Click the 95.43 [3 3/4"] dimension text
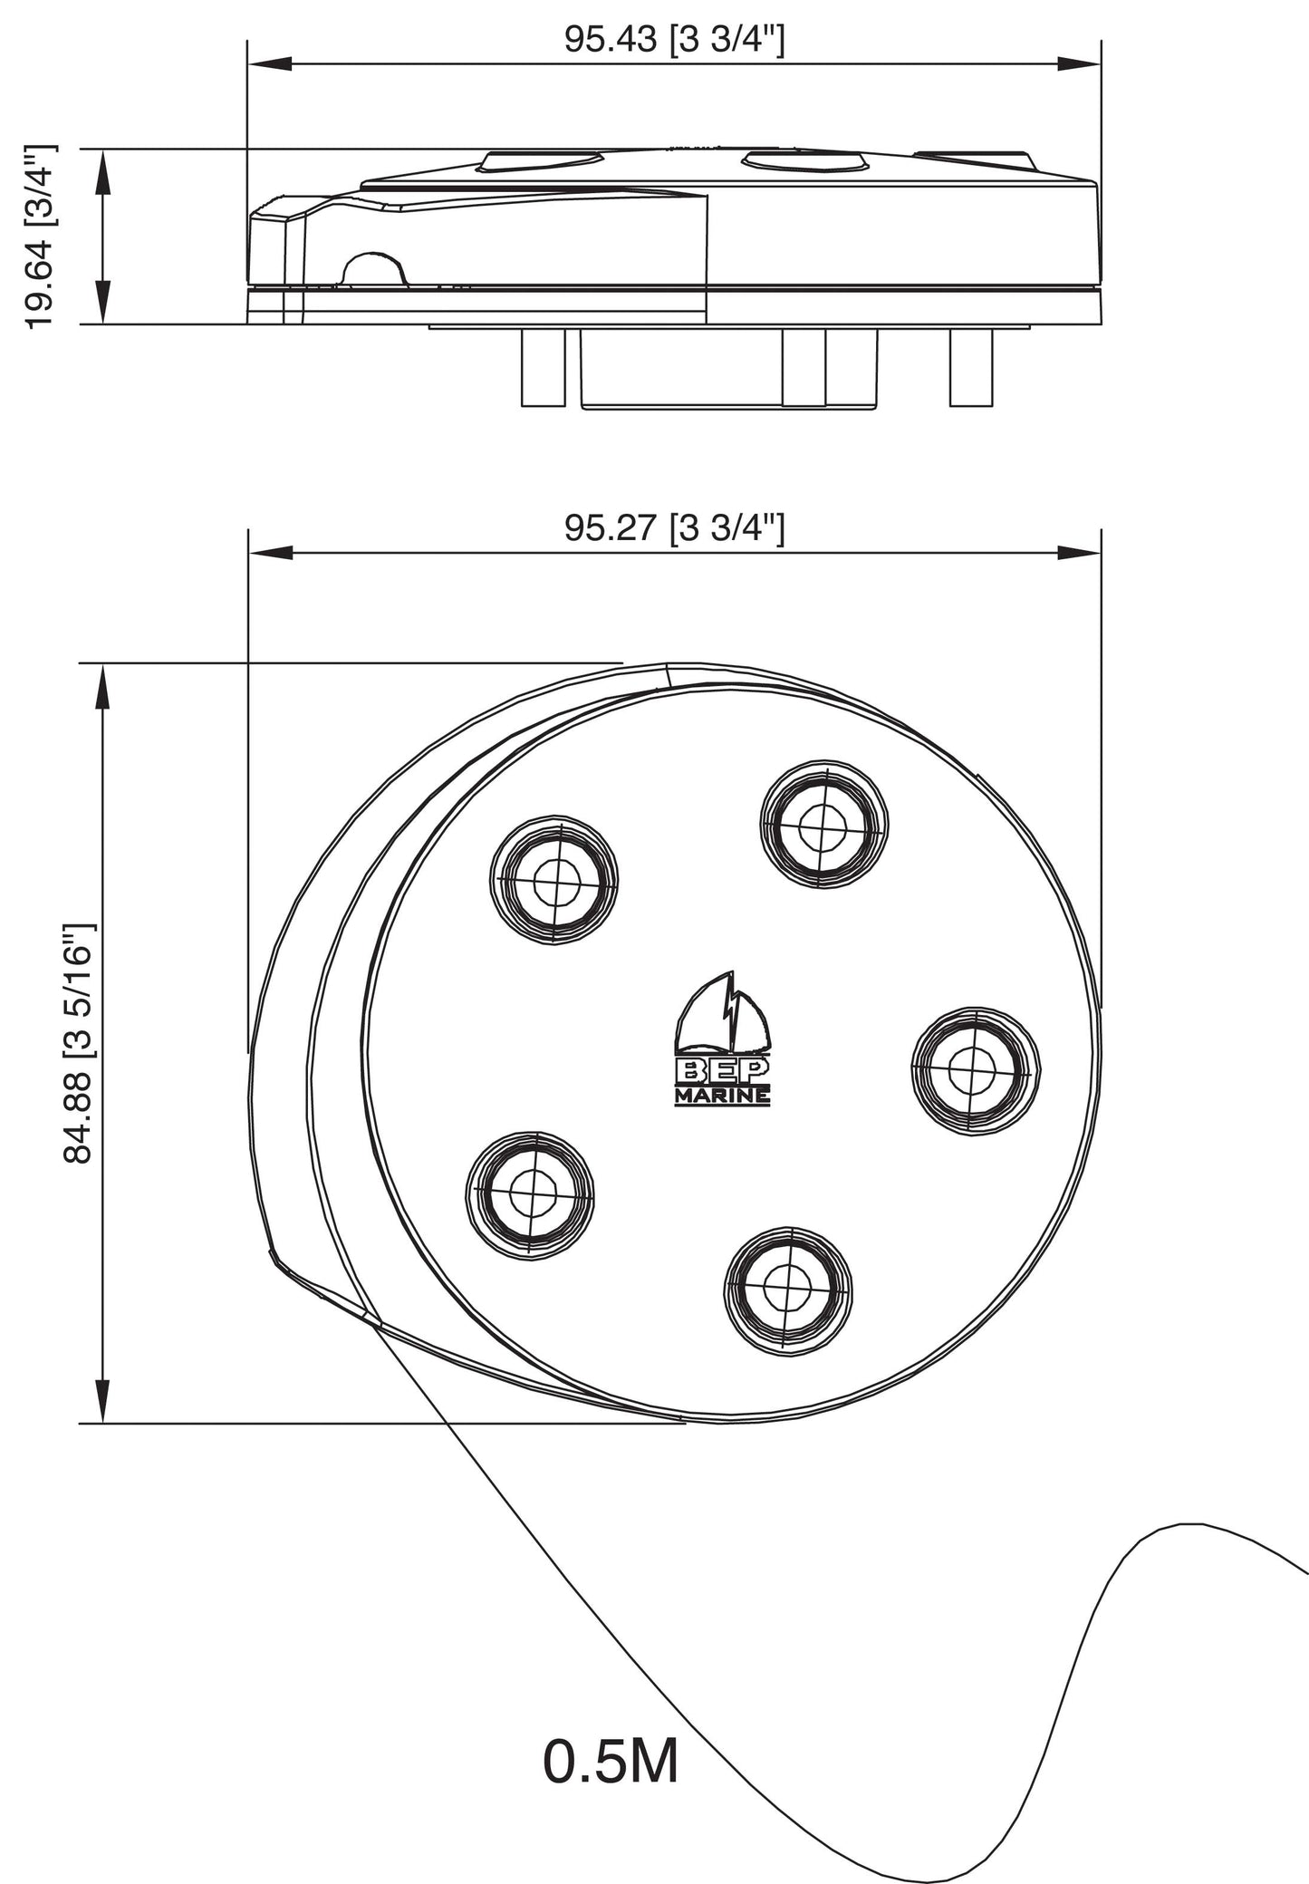[674, 40]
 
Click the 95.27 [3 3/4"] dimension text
[674, 527]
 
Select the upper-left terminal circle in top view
[554, 882]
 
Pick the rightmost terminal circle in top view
[975, 1069]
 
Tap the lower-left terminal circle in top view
[530, 1193]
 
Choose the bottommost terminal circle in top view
[788, 1290]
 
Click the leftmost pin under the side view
[543, 367]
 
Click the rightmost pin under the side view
[971, 367]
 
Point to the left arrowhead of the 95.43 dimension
[268, 63]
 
